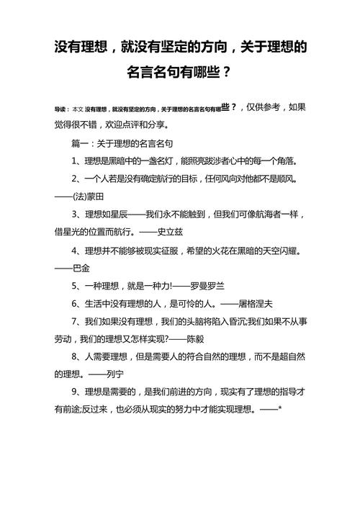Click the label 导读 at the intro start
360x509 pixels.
coord(60,109)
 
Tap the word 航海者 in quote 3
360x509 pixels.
coord(254,214)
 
